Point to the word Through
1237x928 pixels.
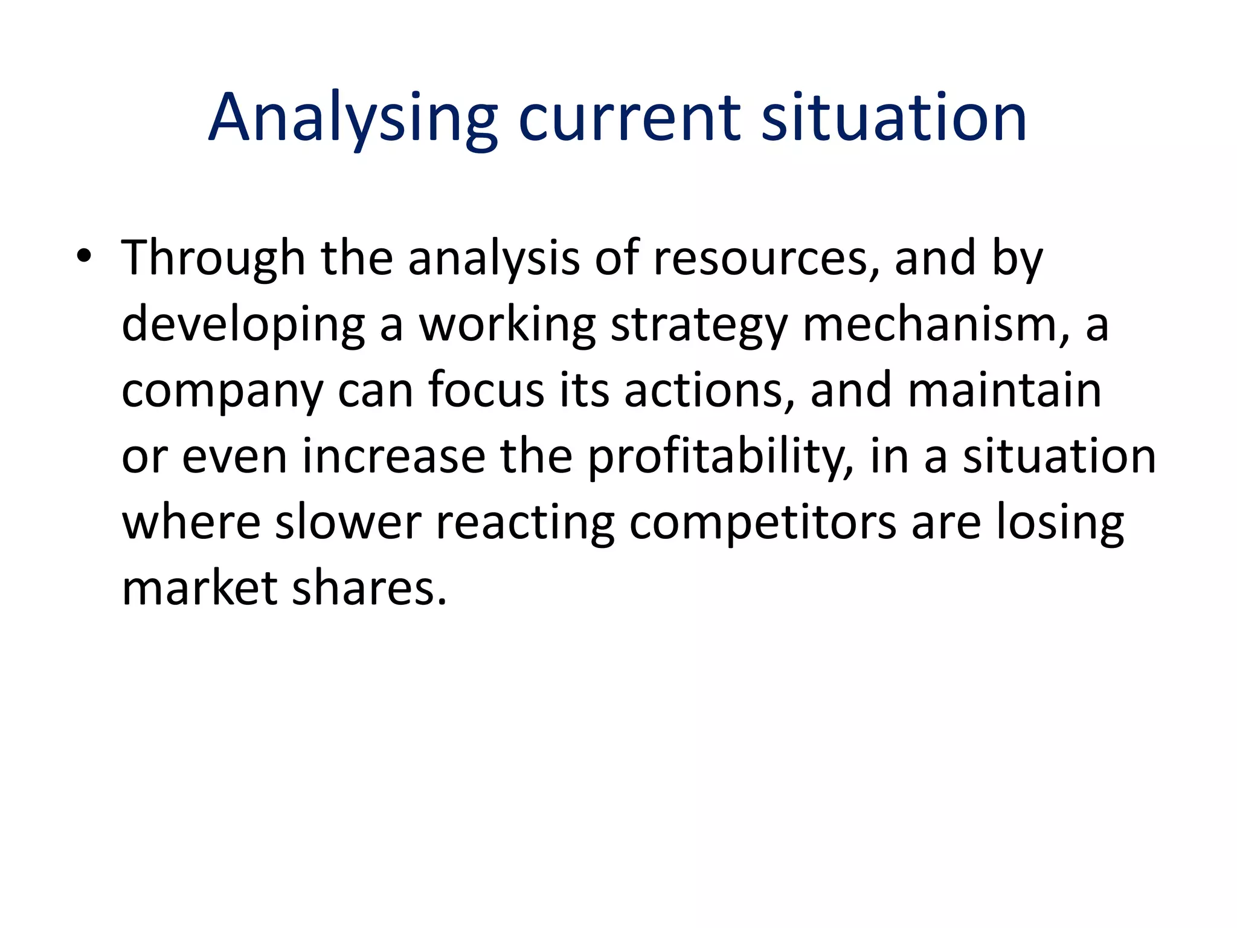tap(213, 259)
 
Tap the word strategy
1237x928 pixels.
tap(699, 325)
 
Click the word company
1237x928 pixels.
tap(222, 391)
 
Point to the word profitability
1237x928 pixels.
tap(721, 457)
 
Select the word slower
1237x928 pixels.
tap(348, 522)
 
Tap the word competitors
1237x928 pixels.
tap(763, 523)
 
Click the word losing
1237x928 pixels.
tap(1060, 523)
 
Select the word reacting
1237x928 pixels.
tap(525, 523)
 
